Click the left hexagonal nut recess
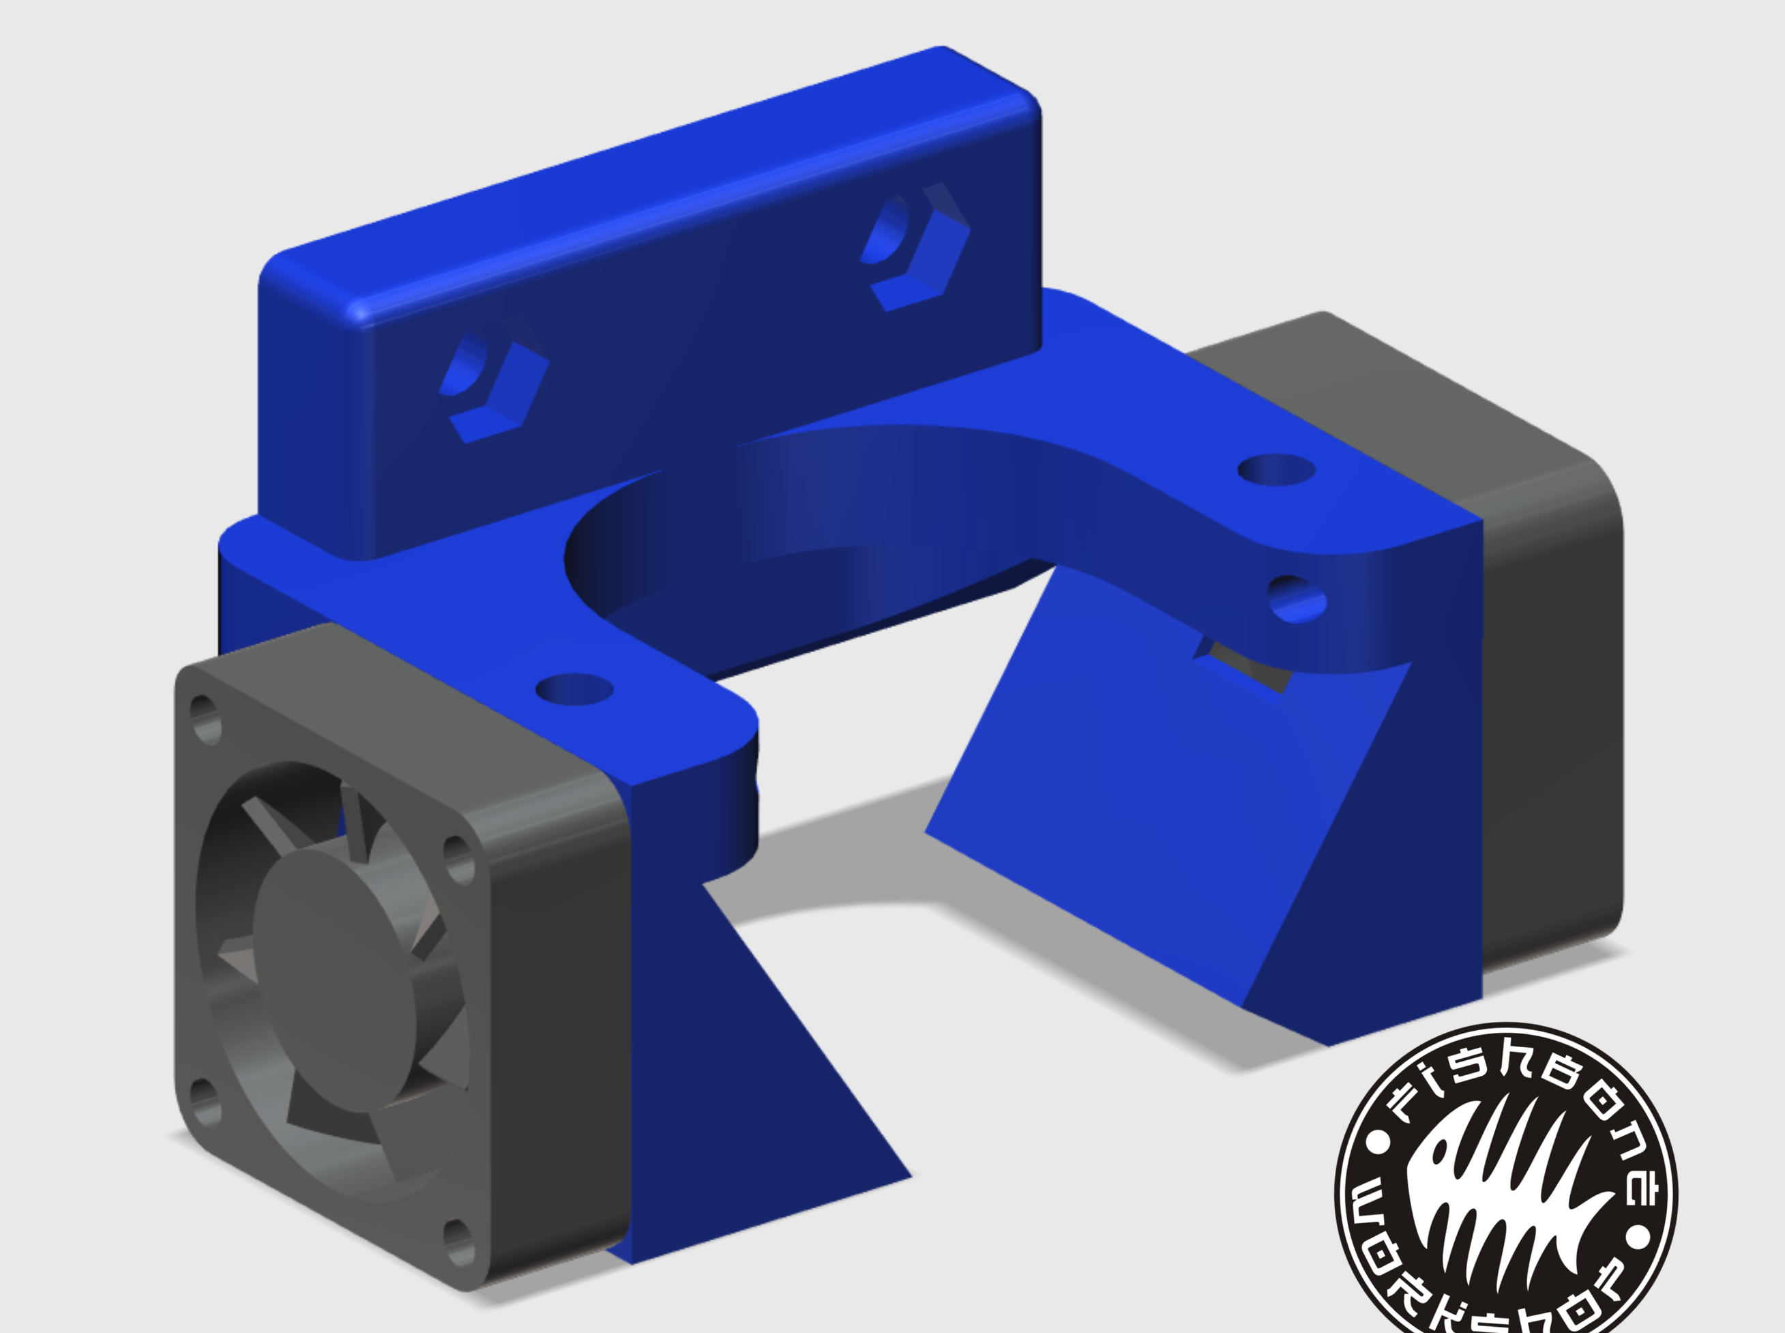[x=495, y=388]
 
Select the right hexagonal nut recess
[x=915, y=246]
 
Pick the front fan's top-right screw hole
[x=459, y=859]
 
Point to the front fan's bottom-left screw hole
[x=206, y=1102]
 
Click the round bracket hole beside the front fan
[x=574, y=690]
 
